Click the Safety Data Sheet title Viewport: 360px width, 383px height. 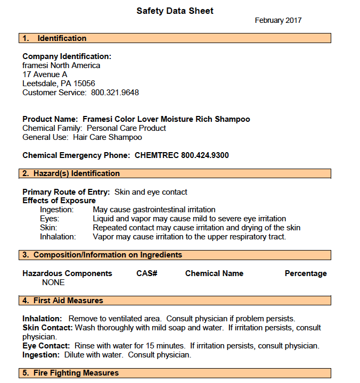[175, 11]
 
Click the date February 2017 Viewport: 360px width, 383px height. [278, 21]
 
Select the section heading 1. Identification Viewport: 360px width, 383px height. [54, 38]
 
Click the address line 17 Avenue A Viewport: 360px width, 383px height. [45, 74]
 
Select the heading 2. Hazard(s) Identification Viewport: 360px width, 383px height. [71, 173]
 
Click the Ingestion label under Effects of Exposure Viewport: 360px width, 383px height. [57, 210]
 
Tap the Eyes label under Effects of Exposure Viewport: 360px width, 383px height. [50, 219]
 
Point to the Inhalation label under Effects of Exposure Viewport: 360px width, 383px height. [58, 237]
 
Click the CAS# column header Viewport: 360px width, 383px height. [146, 273]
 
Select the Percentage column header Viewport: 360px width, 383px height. [306, 273]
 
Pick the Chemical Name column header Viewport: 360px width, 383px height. [214, 273]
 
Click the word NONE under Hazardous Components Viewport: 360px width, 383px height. [53, 282]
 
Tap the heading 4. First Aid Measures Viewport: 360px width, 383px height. [63, 301]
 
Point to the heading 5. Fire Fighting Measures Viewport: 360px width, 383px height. [70, 373]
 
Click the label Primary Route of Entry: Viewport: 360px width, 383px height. [66, 191]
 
